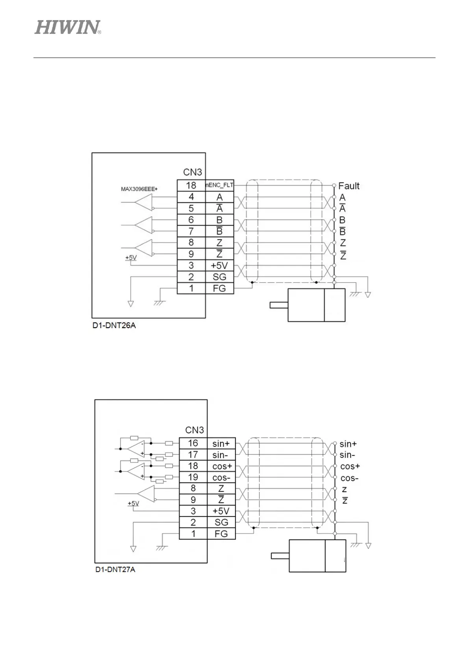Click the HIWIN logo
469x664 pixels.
pyautogui.click(x=68, y=28)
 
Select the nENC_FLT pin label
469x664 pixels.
pyautogui.click(x=219, y=185)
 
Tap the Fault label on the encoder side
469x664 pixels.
pyautogui.click(x=349, y=186)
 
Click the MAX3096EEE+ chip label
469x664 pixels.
pyautogui.click(x=139, y=189)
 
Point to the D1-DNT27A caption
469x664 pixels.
pyautogui.click(x=115, y=570)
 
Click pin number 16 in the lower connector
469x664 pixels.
pyautogui.click(x=193, y=443)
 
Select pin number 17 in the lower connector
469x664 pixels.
pyautogui.click(x=193, y=455)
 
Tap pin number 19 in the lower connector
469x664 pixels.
pyautogui.click(x=193, y=477)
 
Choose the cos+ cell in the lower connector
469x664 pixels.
pyautogui.click(x=222, y=466)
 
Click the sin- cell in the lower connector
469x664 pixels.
pyautogui.click(x=221, y=455)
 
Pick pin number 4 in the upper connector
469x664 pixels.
pyautogui.click(x=191, y=197)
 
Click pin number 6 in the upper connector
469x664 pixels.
pyautogui.click(x=191, y=220)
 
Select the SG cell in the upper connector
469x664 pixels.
pyautogui.click(x=219, y=277)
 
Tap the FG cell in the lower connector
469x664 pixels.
pyautogui.click(x=221, y=534)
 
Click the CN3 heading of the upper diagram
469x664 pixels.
pyautogui.click(x=193, y=172)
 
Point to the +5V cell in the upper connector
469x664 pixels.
pyautogui.click(x=219, y=265)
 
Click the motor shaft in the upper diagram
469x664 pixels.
pyautogui.click(x=279, y=305)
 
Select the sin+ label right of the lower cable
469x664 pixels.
pyautogui.click(x=348, y=444)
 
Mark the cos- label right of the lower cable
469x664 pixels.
pyautogui.click(x=350, y=478)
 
